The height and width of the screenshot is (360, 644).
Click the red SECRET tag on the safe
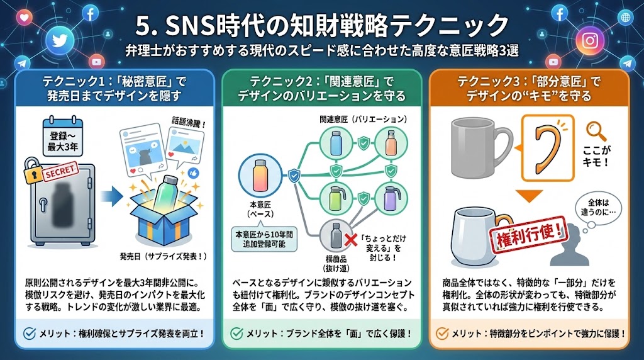(x=57, y=169)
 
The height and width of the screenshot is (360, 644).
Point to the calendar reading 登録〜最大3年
(x=60, y=138)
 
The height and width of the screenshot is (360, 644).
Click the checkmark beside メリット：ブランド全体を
(x=237, y=333)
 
